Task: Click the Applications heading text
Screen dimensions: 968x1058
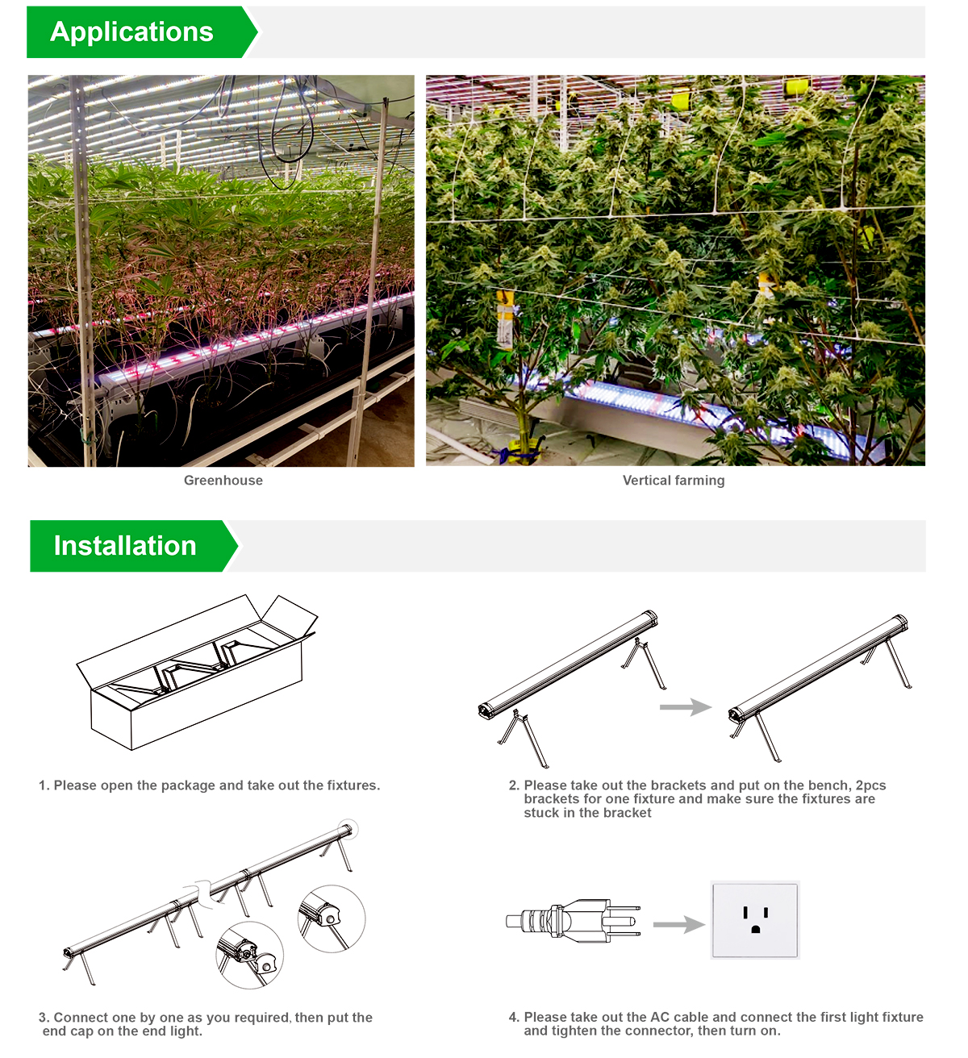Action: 131,32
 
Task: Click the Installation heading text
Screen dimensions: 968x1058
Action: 125,545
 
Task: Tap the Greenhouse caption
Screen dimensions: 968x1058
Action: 223,480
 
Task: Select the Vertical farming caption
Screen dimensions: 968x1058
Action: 674,480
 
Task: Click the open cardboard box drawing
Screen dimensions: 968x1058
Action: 196,673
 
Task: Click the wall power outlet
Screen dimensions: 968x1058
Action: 755,920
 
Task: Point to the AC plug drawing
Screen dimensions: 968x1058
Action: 574,920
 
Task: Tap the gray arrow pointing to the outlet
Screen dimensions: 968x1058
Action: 679,924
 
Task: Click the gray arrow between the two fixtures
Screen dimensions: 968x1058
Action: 686,706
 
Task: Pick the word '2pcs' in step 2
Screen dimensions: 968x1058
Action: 871,785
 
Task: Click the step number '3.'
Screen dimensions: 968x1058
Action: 44,1018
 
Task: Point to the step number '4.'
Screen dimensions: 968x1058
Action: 514,1017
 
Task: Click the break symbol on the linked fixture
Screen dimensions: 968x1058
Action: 204,893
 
